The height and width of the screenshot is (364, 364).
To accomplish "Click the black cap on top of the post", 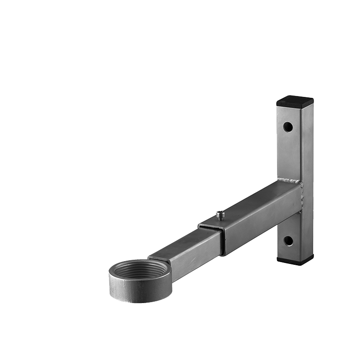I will coord(295,101).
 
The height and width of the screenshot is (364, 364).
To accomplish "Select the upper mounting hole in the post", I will coord(288,127).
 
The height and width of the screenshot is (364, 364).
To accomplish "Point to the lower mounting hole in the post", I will coord(288,241).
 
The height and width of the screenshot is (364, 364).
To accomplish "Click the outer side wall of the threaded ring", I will coord(136,291).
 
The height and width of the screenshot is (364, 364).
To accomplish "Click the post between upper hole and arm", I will coord(288,155).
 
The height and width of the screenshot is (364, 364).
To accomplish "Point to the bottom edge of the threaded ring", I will coord(136,301).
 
